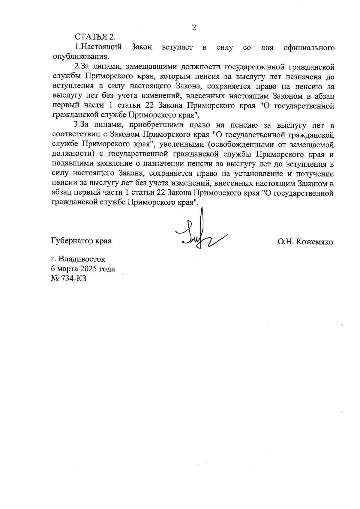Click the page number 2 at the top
pos(194,28)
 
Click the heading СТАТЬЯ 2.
pos(95,37)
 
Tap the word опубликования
pos(80,57)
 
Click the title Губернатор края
pos(81,241)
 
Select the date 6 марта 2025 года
pos(83,269)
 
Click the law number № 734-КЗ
pos(69,278)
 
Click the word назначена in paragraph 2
pos(303,76)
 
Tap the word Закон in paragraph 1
pos(142,47)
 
